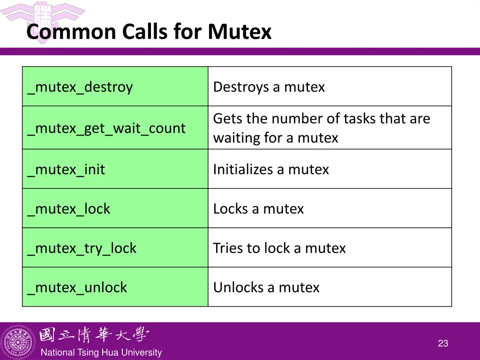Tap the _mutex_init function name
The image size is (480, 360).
66,169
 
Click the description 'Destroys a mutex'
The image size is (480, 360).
269,87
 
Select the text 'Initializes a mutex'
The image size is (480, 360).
271,169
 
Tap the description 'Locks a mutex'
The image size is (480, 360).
258,209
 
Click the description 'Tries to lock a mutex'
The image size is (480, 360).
279,248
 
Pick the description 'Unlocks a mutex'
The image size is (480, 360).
266,287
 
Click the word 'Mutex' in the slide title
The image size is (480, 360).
240,32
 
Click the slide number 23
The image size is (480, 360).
443,344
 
